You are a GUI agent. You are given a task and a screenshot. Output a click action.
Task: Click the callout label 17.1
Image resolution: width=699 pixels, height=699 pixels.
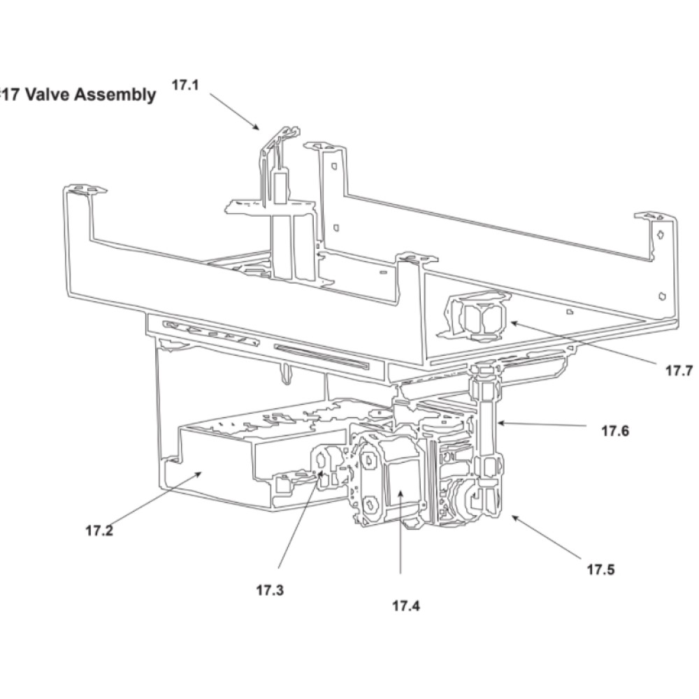(x=185, y=85)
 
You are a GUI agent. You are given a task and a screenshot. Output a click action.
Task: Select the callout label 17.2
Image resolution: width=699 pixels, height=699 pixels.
(x=99, y=530)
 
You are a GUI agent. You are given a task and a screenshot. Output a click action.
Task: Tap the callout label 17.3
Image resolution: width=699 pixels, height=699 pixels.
(x=270, y=590)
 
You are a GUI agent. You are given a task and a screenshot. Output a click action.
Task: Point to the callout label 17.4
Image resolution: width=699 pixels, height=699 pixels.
(x=406, y=605)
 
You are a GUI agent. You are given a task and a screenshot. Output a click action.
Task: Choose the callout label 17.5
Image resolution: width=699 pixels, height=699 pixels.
(x=600, y=569)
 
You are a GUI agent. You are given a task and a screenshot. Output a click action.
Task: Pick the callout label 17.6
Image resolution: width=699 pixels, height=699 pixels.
(x=615, y=431)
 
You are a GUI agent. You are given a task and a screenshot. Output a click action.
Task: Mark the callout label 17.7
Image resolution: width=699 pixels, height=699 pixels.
(x=679, y=370)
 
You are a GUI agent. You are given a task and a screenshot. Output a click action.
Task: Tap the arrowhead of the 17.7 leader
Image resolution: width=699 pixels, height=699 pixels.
(x=512, y=322)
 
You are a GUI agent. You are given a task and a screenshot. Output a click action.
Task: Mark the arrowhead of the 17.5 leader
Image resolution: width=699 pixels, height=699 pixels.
(x=512, y=516)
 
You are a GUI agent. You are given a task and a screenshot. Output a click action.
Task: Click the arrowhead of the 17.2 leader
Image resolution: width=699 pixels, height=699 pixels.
(x=201, y=473)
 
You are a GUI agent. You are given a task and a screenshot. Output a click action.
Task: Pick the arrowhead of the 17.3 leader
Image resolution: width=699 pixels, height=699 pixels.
(x=323, y=472)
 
